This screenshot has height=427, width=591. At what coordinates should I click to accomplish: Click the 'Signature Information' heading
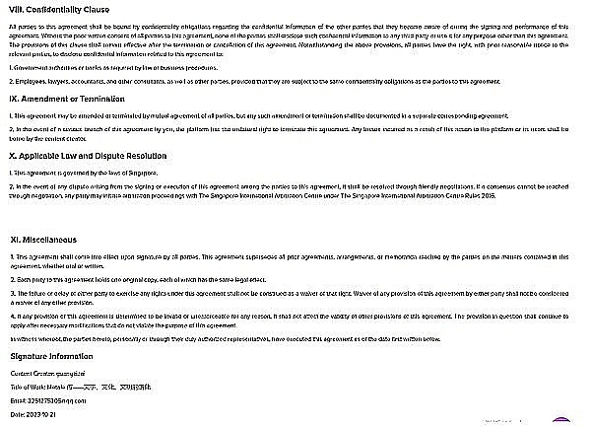tap(51, 354)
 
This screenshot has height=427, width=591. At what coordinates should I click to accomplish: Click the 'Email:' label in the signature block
tap(17, 401)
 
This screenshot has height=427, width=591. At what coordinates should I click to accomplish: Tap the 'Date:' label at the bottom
tap(17, 415)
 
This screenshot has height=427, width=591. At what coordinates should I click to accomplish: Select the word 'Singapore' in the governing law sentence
tap(112, 173)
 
